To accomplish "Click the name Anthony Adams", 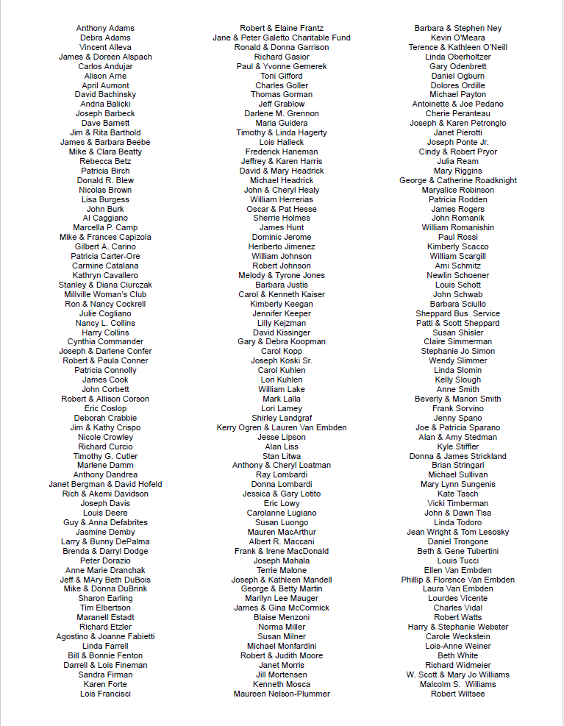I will pyautogui.click(x=105, y=28).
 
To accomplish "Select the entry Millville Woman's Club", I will pyautogui.click(x=105, y=294).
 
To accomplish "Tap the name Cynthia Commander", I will pyautogui.click(x=105, y=341).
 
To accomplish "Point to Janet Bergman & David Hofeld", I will pyautogui.click(x=105, y=484).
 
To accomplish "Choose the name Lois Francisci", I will pyautogui.click(x=105, y=694).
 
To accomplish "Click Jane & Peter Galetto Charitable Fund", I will pyautogui.click(x=282, y=38).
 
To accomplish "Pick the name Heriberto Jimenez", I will pyautogui.click(x=282, y=246).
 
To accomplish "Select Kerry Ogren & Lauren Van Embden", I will pyautogui.click(x=282, y=427).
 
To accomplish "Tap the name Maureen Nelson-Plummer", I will pyautogui.click(x=282, y=694).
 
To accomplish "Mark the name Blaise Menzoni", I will pyautogui.click(x=282, y=617).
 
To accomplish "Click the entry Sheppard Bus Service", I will pyautogui.click(x=457, y=313).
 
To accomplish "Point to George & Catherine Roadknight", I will pyautogui.click(x=457, y=180).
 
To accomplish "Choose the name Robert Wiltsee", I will pyautogui.click(x=457, y=694).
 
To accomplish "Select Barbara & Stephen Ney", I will pyautogui.click(x=457, y=28).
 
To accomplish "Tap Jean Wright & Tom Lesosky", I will pyautogui.click(x=457, y=532).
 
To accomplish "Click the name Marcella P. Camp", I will pyautogui.click(x=105, y=227).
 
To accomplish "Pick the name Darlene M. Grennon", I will pyautogui.click(x=282, y=113).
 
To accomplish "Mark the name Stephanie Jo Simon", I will pyautogui.click(x=457, y=351).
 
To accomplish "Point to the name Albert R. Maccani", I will pyautogui.click(x=282, y=541).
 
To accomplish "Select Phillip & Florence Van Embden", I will pyautogui.click(x=457, y=580).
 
